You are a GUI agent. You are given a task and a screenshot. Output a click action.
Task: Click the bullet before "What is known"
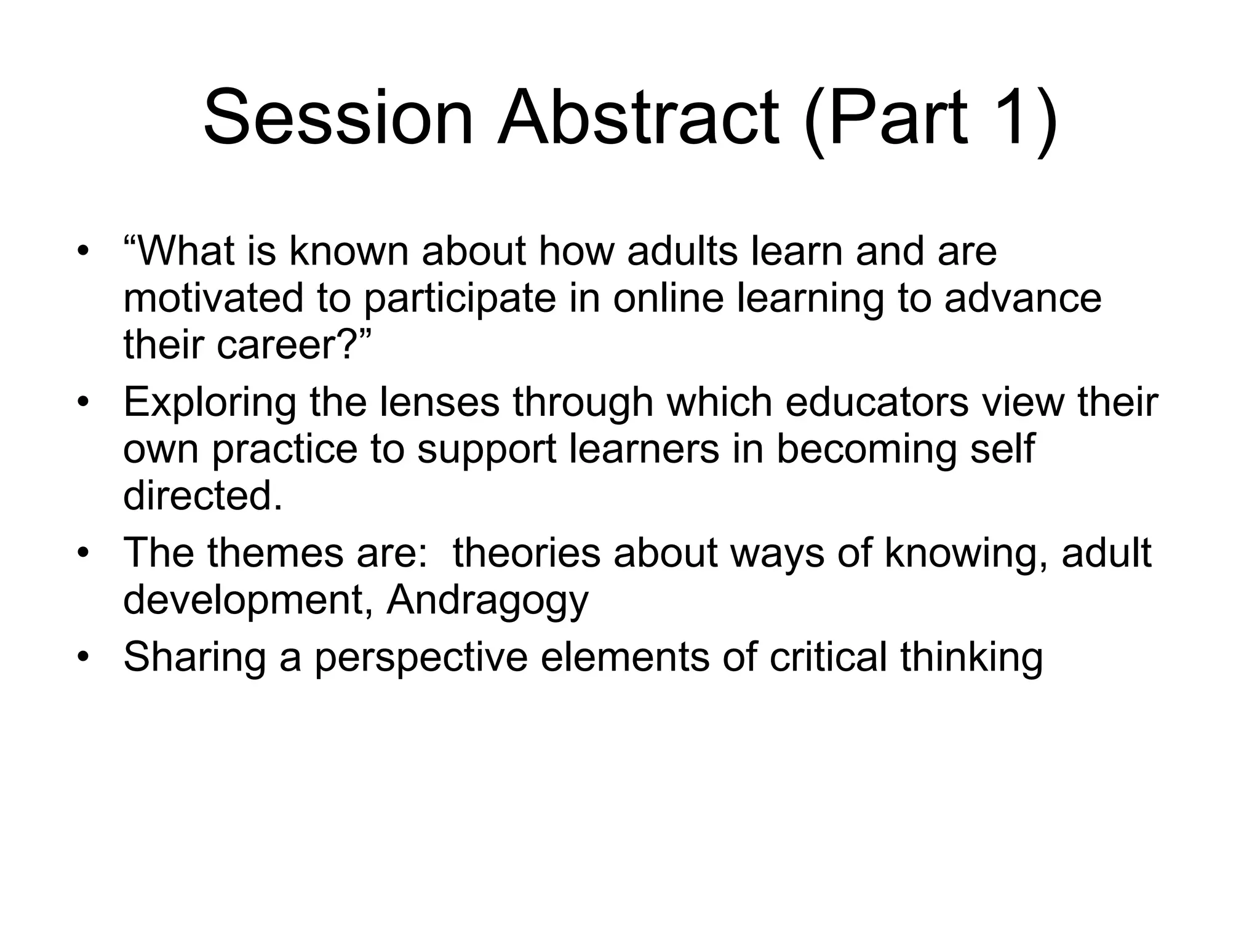(x=84, y=252)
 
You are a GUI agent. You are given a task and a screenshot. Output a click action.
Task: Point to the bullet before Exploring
(x=84, y=403)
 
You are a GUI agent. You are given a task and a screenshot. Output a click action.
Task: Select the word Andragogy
(x=487, y=601)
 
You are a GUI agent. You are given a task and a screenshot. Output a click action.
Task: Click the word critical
(x=828, y=656)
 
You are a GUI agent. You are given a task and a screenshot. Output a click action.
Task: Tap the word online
(x=668, y=298)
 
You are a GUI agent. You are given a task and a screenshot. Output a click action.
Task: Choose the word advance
(x=1023, y=298)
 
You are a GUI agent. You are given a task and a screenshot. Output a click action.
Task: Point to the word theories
(x=527, y=553)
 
